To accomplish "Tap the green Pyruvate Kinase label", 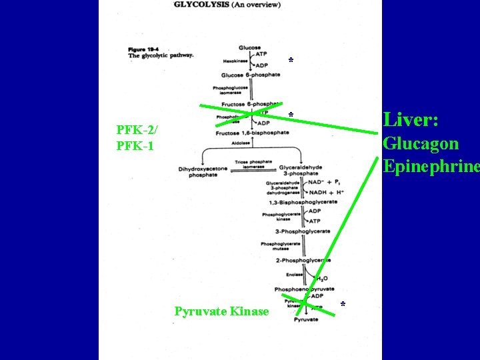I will click(221, 311).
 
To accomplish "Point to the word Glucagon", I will click(420, 143).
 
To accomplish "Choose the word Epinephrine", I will click(431, 166).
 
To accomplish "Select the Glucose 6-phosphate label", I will click(251, 75).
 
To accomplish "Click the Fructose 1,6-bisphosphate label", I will click(252, 133).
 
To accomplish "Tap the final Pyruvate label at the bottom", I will click(306, 320).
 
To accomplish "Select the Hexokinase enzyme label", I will click(235, 61).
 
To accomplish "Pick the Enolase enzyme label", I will click(285, 273).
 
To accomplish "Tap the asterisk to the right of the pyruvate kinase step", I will click(343, 305).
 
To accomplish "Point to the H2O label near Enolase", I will click(321, 278).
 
